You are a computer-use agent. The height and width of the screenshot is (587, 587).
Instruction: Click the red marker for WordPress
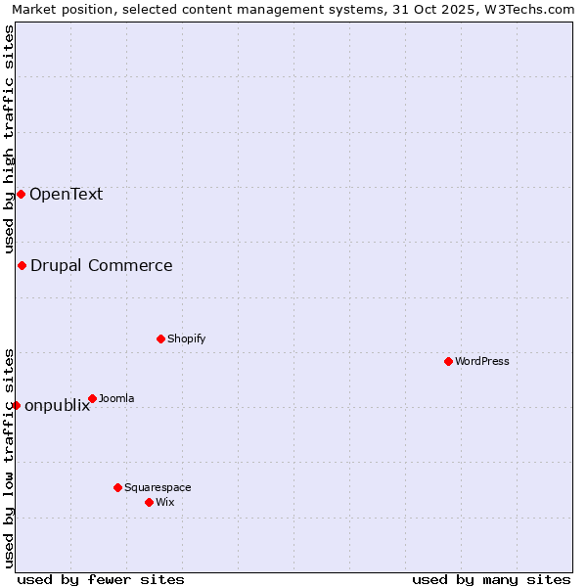pyautogui.click(x=448, y=361)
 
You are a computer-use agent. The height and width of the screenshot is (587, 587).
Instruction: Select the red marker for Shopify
pyautogui.click(x=160, y=339)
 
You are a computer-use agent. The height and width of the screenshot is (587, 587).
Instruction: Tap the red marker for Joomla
pyautogui.click(x=92, y=398)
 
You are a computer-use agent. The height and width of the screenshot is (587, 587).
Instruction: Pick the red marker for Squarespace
pyautogui.click(x=117, y=487)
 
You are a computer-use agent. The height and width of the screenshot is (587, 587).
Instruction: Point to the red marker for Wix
pyautogui.click(x=149, y=502)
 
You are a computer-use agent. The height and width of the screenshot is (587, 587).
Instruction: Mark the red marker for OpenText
pyautogui.click(x=21, y=194)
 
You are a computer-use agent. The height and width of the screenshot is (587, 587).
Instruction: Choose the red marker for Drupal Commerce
pyautogui.click(x=22, y=265)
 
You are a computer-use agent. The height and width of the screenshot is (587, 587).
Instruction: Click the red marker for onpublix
pyautogui.click(x=16, y=405)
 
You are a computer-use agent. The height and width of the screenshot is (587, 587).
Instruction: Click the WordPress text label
pyautogui.click(x=482, y=361)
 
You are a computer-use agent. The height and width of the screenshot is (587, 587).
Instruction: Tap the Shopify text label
pyautogui.click(x=186, y=339)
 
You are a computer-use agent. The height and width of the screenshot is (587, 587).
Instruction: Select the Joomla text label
pyautogui.click(x=116, y=398)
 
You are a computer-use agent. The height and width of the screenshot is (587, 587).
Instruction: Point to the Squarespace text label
pyautogui.click(x=158, y=487)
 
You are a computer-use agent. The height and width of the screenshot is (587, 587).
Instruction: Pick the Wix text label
pyautogui.click(x=165, y=502)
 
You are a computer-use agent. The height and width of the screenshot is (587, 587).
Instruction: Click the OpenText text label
pyautogui.click(x=66, y=194)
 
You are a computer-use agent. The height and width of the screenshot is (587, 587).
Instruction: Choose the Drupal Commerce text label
pyautogui.click(x=101, y=265)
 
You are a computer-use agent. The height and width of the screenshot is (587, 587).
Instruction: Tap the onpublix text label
pyautogui.click(x=57, y=406)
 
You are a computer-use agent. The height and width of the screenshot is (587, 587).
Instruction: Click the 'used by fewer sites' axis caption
pyautogui.click(x=101, y=579)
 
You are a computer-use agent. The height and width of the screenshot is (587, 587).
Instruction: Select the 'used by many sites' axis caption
pyautogui.click(x=491, y=579)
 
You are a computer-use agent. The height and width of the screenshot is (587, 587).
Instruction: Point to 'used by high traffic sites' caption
pyautogui.click(x=9, y=140)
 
